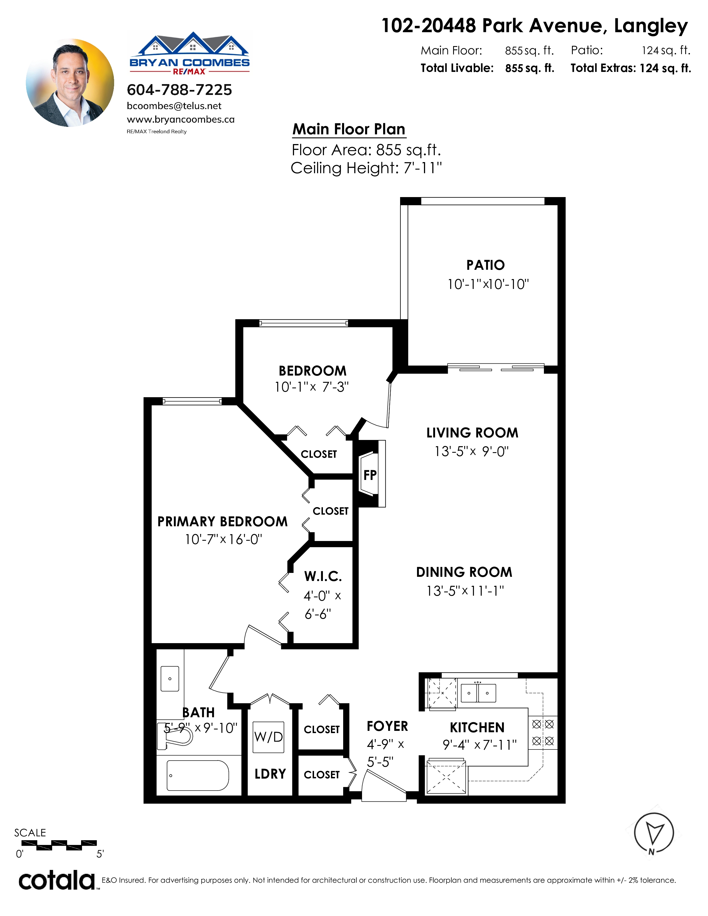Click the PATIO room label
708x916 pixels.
(485, 265)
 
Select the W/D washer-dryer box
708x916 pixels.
(268, 737)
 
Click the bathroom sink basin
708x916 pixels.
(170, 678)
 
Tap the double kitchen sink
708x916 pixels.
(478, 693)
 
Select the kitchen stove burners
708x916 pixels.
(543, 732)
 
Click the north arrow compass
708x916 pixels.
(654, 833)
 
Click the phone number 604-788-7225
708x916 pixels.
(180, 90)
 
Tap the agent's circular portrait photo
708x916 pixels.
(70, 83)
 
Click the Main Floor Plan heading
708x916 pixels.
(349, 129)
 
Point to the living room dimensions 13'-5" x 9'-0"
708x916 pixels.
(472, 451)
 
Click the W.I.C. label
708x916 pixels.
(323, 576)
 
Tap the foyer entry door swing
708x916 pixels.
(384, 786)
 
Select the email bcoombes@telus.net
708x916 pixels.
(174, 106)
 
